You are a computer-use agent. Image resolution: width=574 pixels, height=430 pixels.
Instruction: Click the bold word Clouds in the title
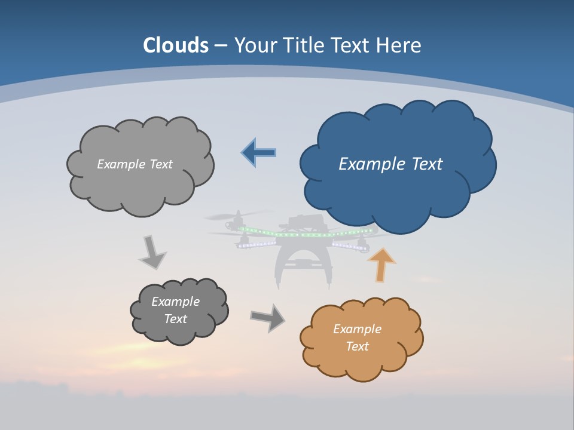tap(176, 45)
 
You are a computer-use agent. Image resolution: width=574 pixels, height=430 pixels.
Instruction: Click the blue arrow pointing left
tap(259, 152)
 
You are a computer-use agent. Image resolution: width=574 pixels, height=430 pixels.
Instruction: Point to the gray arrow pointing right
tap(267, 317)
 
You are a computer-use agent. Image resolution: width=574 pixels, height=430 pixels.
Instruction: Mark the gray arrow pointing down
tap(152, 252)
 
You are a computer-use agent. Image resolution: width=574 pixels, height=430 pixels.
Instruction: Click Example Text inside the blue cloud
tap(390, 164)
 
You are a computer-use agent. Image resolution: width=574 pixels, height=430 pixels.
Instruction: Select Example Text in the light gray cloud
tap(135, 164)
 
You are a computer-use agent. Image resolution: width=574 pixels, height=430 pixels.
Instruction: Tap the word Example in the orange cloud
tap(357, 329)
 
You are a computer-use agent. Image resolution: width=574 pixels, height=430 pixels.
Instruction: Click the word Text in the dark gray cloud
tap(175, 319)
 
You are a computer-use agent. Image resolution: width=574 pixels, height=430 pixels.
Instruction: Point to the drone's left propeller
tap(238, 216)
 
